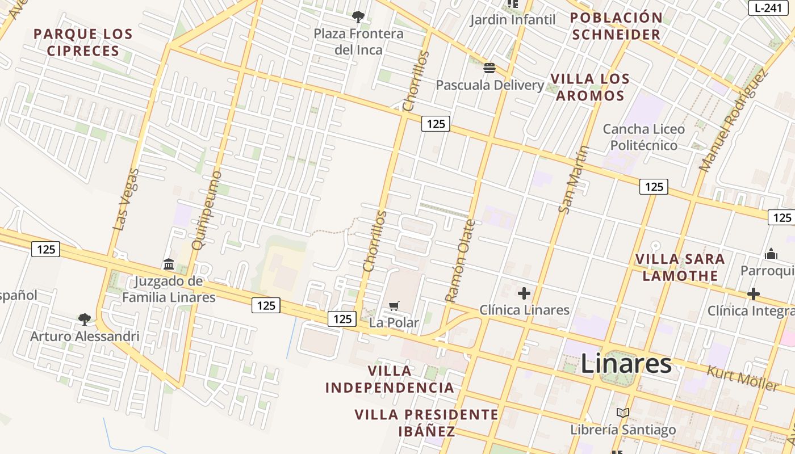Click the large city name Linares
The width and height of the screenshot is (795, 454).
[626, 364]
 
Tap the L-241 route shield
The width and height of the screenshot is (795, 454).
[771, 8]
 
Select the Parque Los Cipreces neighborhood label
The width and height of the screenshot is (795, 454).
[83, 42]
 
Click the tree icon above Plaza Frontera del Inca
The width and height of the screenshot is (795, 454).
[358, 16]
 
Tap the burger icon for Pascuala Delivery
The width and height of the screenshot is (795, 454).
[489, 69]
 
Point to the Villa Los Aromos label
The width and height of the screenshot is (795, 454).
[590, 87]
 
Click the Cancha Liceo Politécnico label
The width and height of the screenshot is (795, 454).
[644, 137]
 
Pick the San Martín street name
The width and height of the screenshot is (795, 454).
[574, 179]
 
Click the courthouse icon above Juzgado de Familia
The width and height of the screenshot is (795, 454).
[169, 264]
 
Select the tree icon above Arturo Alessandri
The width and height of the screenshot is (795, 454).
[85, 319]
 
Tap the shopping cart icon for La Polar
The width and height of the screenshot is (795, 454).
[394, 306]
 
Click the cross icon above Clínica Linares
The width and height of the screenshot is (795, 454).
[524, 293]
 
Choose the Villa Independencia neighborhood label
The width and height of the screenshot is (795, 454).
[390, 379]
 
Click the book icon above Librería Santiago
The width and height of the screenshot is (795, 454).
[623, 413]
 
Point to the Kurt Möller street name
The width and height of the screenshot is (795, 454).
[743, 378]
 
